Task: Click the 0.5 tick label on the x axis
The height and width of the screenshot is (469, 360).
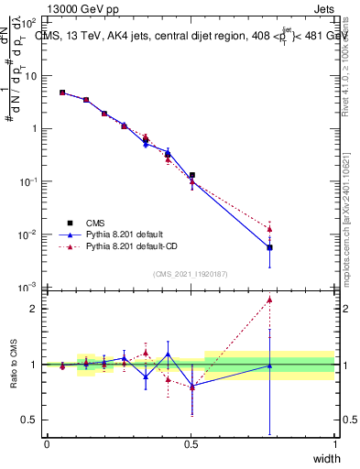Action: click(191, 444)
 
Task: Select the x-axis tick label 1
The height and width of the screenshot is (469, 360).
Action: click(335, 444)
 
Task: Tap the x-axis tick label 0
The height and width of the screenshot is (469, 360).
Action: click(47, 444)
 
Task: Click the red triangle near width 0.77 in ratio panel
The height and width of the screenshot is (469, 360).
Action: click(269, 300)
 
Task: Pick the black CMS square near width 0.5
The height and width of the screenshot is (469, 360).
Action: click(191, 174)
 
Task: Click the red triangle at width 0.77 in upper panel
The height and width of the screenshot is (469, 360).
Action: click(269, 229)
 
